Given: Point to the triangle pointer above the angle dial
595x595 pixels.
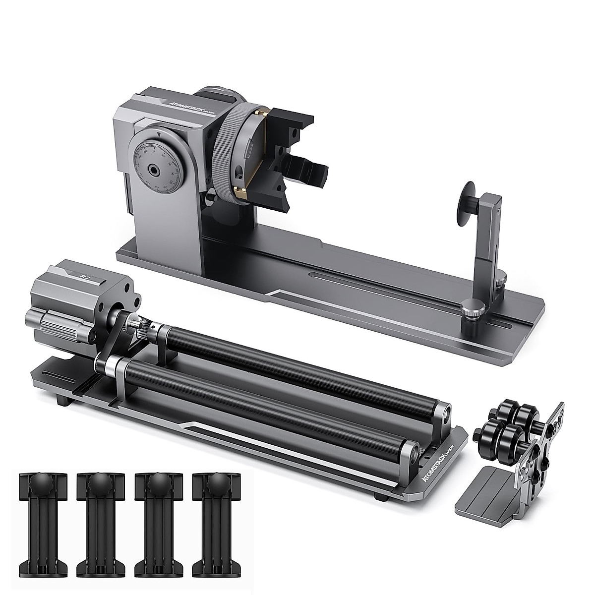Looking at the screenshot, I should coord(158,134).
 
